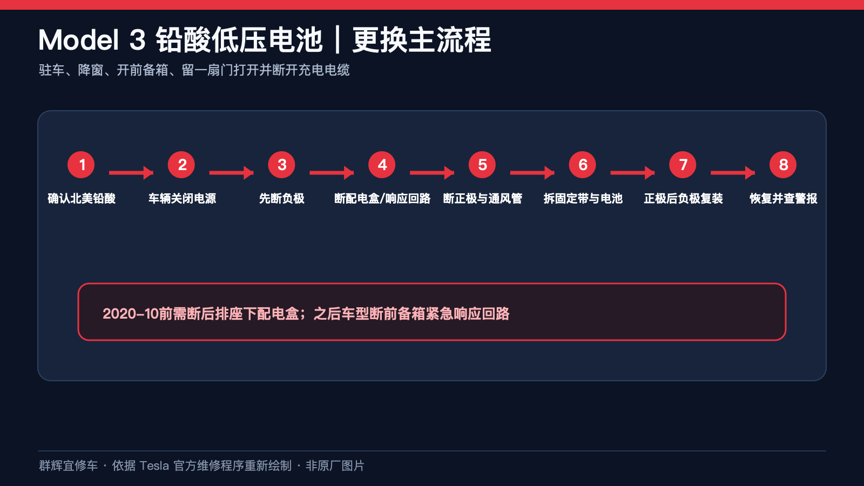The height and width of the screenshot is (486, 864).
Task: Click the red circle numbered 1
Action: tap(81, 165)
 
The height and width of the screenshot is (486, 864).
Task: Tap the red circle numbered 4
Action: tap(382, 165)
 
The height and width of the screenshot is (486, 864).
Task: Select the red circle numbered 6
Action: tap(583, 165)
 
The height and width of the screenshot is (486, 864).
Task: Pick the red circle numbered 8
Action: tap(783, 165)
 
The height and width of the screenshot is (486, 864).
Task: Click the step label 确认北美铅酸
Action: tap(82, 198)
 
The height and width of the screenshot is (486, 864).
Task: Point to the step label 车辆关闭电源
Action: tap(182, 198)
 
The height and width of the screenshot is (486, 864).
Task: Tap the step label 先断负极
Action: tap(281, 198)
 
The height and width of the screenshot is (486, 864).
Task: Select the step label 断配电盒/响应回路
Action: tap(382, 198)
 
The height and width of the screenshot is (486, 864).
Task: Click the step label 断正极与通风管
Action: tap(483, 198)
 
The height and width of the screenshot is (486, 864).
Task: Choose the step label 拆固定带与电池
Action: tap(583, 198)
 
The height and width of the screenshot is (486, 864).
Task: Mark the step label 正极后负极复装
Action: tap(683, 198)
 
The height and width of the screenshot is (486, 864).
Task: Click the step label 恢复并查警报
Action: tap(784, 198)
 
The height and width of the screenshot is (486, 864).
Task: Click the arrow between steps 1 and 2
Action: tap(131, 172)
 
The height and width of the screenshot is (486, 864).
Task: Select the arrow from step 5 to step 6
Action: tap(532, 172)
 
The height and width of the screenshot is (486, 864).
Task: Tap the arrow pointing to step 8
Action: tap(733, 172)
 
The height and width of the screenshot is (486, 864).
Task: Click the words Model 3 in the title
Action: tap(92, 40)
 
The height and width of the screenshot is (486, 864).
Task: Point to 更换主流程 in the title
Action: tap(422, 40)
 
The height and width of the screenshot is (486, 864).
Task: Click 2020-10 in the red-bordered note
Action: tap(131, 314)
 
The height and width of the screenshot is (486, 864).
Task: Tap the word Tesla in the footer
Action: tap(154, 465)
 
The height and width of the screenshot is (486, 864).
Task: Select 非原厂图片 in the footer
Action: tap(335, 465)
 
